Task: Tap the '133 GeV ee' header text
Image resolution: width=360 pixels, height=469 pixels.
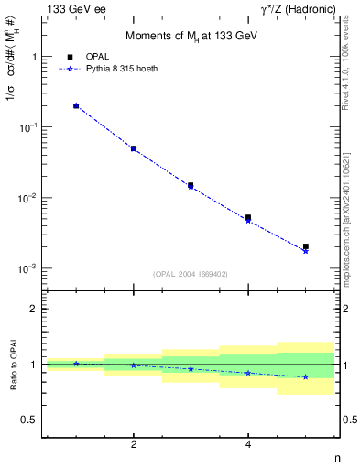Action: (74, 9)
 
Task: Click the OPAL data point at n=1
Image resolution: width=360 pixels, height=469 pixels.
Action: (76, 105)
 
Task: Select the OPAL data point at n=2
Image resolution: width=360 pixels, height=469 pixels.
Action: (134, 147)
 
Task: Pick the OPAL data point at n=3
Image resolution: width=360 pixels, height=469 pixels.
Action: (191, 185)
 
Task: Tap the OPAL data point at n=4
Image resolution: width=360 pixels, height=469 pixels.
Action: (248, 217)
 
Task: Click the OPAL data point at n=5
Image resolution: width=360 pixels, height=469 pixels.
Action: (306, 246)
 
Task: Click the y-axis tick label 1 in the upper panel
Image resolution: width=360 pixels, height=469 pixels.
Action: (35, 57)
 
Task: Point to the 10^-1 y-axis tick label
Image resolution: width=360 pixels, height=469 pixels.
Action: (29, 127)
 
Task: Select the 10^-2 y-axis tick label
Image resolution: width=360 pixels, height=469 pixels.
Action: (29, 198)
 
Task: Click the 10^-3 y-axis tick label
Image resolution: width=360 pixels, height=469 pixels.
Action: (29, 268)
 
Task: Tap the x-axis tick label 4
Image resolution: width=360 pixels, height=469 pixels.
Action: (248, 444)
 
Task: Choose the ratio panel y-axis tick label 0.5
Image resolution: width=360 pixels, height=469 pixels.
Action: (31, 420)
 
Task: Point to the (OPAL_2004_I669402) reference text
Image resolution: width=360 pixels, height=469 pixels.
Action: (191, 273)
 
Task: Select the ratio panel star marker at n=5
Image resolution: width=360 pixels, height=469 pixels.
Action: (306, 376)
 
